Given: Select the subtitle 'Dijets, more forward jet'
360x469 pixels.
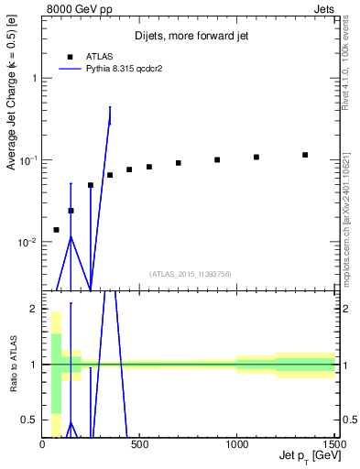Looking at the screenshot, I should (190, 36).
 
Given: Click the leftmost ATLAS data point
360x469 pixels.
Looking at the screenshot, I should (57, 230).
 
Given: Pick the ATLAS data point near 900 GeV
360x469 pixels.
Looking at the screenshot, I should (217, 159).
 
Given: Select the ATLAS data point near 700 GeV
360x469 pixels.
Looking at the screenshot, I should (179, 163).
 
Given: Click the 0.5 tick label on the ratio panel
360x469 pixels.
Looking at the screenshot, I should (29, 420).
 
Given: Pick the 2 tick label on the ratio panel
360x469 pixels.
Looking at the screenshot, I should (33, 309).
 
